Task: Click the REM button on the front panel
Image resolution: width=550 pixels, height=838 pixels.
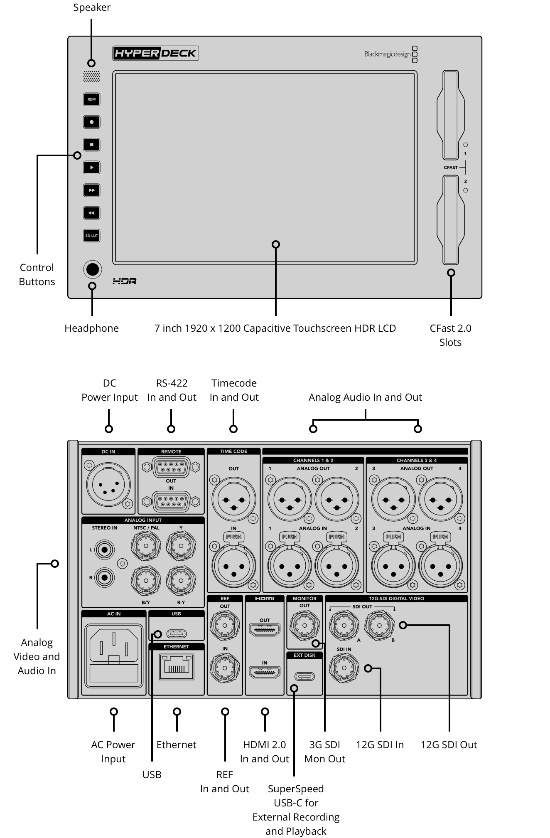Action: [91, 99]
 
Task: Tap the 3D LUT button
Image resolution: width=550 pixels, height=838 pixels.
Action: [91, 236]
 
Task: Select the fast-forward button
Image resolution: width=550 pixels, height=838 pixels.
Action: [91, 190]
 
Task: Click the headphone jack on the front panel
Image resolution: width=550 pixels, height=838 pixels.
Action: [92, 269]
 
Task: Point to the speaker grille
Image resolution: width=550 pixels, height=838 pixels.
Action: [91, 77]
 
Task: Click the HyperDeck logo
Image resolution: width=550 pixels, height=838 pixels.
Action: [155, 53]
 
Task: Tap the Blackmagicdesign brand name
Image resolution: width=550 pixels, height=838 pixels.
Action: [387, 54]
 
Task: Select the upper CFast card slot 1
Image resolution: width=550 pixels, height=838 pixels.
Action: [450, 115]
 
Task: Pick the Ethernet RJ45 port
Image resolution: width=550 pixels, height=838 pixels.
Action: [177, 666]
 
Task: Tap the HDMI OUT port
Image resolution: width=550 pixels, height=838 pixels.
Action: [265, 630]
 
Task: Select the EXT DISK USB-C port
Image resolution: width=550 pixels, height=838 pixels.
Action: [304, 676]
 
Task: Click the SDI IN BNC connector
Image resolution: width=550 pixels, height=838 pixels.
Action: [344, 668]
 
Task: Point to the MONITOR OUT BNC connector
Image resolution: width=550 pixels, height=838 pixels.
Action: [304, 625]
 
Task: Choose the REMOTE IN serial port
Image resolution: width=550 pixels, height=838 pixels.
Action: [171, 501]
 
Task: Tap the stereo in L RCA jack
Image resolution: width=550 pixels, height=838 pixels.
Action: [104, 550]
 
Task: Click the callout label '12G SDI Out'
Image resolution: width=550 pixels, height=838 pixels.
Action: [449, 744]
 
